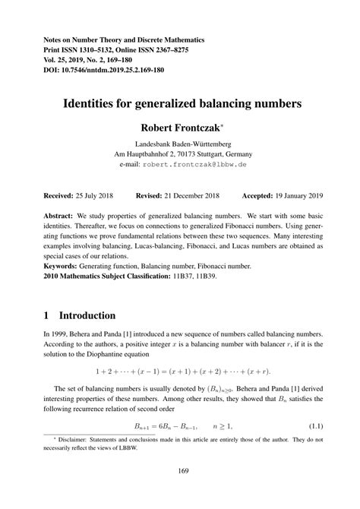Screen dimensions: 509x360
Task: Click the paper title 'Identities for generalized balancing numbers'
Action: [x=179, y=100]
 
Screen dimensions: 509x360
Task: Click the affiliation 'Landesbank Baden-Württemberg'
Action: [x=179, y=144]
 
